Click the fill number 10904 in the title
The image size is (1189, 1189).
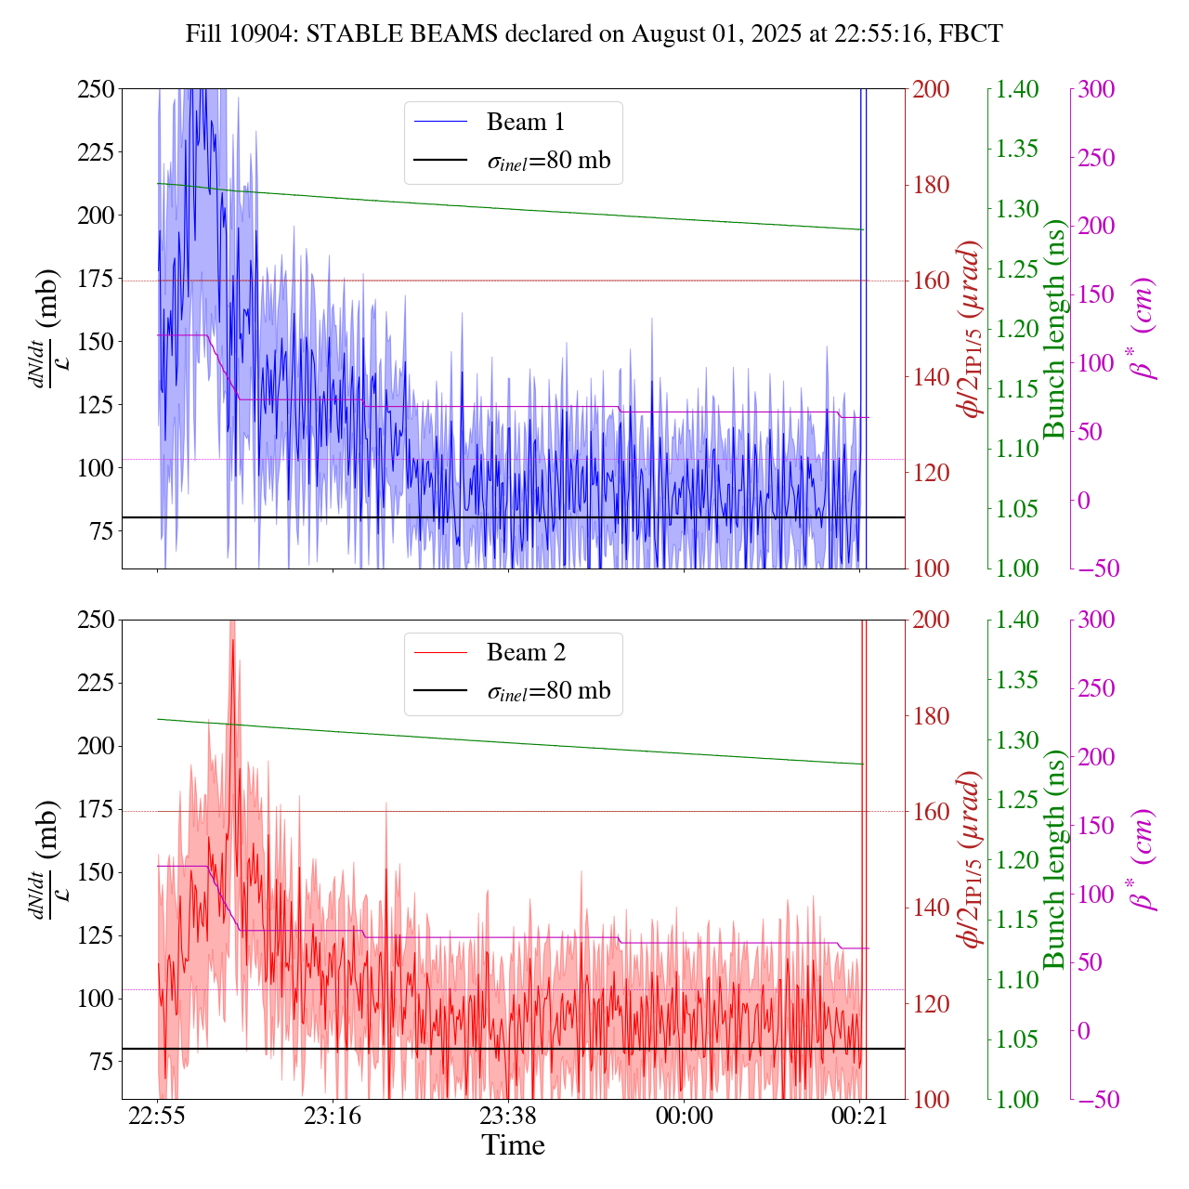(264, 34)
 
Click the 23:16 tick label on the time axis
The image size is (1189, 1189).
(333, 1116)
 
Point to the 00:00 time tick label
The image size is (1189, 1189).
(684, 1116)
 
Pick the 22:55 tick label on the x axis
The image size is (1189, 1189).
(157, 1116)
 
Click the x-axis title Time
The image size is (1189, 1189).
(513, 1145)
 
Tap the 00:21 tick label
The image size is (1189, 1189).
(859, 1116)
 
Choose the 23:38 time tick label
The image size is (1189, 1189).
(508, 1116)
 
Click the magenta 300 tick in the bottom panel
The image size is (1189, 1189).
(1096, 621)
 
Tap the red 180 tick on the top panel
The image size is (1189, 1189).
(932, 186)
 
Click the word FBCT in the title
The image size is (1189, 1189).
(971, 34)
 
